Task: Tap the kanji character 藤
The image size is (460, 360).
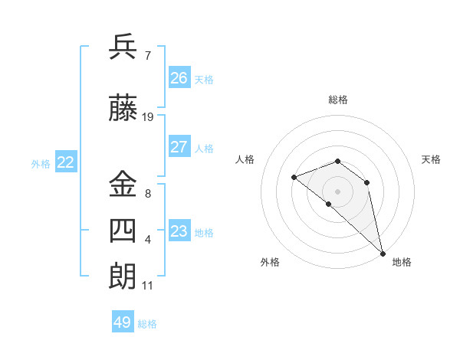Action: [x=123, y=110]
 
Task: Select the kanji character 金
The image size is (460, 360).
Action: [x=123, y=184]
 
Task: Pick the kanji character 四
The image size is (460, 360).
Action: [x=123, y=231]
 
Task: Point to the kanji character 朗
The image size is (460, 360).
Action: [x=123, y=277]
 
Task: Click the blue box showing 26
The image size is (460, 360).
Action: [x=179, y=77]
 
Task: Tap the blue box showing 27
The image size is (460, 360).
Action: [x=179, y=147]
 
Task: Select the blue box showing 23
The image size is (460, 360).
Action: [x=179, y=231]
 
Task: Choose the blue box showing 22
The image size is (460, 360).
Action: [x=65, y=162]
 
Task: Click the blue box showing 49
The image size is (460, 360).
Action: [x=123, y=322]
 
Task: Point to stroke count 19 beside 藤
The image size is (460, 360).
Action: [x=148, y=117]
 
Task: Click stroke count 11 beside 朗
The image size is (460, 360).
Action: [x=147, y=286]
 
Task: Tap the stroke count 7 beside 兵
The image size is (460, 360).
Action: [x=147, y=55]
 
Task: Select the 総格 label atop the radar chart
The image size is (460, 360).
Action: [x=338, y=100]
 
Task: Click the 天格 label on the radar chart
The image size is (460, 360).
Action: [x=432, y=159]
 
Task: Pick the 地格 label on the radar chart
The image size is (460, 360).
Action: [x=402, y=262]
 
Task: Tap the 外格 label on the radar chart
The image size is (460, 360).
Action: [x=270, y=262]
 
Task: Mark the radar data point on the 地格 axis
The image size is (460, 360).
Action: [x=383, y=253]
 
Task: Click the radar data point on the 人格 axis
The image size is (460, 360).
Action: [x=294, y=177]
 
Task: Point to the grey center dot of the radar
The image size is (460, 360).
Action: [x=337, y=191]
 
